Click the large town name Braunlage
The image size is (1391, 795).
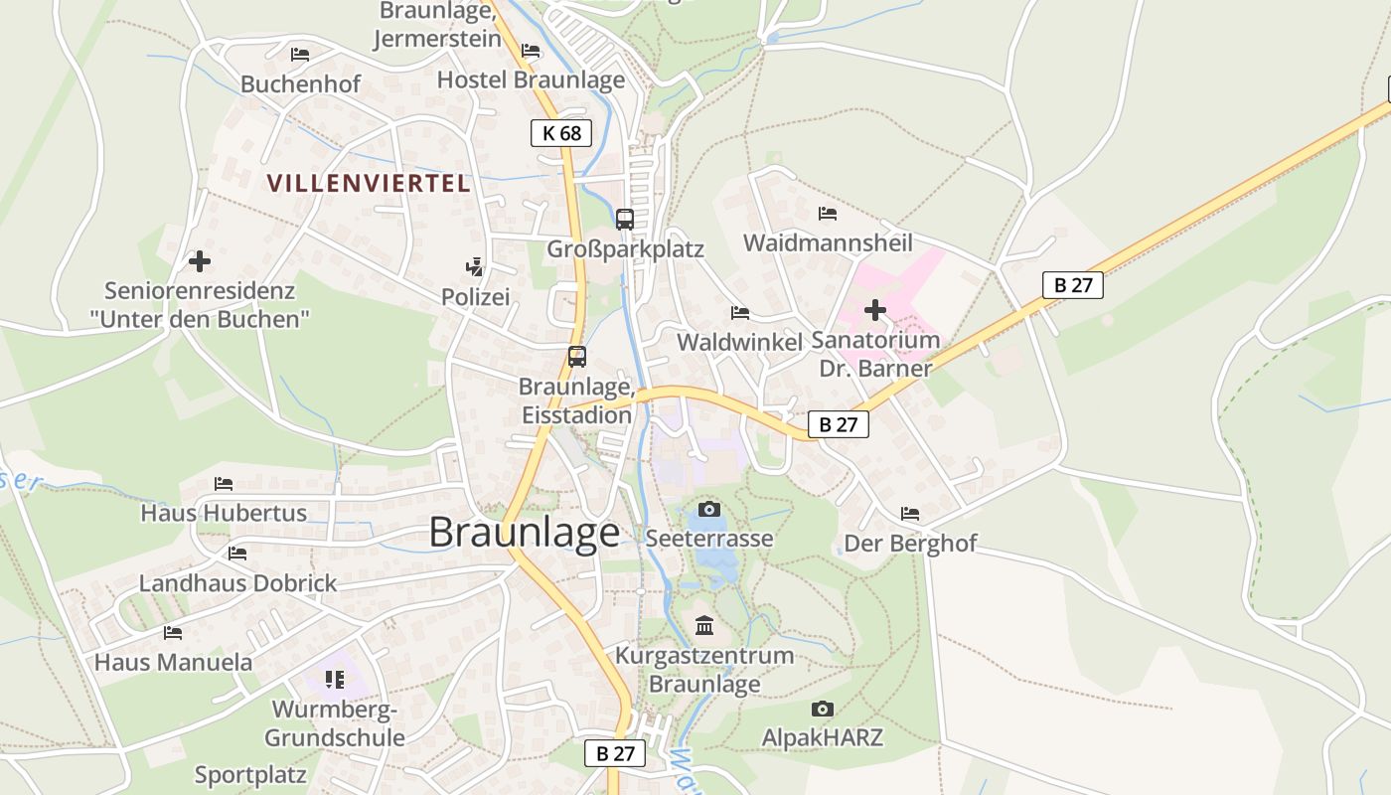point(524,533)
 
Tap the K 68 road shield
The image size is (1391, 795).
point(561,132)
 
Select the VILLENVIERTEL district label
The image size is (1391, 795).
point(369,183)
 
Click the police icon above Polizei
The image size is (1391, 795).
point(476,266)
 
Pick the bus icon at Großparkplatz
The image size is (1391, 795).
point(625,220)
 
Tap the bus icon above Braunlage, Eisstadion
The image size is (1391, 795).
point(576,357)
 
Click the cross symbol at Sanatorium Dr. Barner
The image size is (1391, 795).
point(875,310)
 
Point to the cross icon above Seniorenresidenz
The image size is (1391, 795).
point(200,261)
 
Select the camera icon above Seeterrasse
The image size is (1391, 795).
point(709,510)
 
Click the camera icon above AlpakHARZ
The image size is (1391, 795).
point(822,709)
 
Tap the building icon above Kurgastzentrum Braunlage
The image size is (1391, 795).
point(705,625)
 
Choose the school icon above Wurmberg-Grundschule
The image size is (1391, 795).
point(334,680)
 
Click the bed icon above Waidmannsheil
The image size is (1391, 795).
point(827,213)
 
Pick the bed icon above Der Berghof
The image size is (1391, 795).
point(910,514)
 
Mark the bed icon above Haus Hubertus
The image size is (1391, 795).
point(224,484)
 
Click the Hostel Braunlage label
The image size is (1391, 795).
point(531,79)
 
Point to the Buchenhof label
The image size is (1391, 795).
point(300,84)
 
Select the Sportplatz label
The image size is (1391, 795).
point(250,775)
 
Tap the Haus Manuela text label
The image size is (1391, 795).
point(173,662)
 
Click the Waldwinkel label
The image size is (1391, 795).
point(739,342)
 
